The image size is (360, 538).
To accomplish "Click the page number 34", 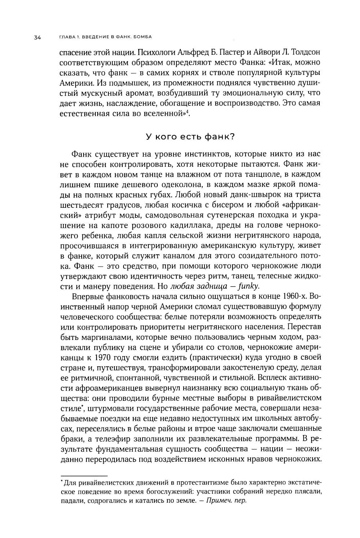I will (x=37, y=37).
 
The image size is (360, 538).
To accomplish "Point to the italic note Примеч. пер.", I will (x=226, y=501).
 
